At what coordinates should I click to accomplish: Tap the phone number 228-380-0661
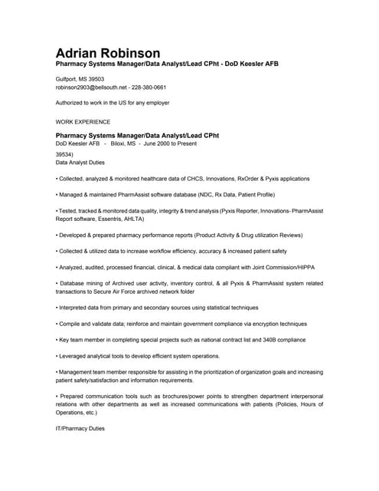pyautogui.click(x=149, y=87)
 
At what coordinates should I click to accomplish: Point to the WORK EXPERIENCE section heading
pyautogui.click(x=83, y=121)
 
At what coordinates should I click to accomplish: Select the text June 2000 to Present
pyautogui.click(x=172, y=143)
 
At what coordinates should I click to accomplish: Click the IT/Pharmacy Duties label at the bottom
pyautogui.click(x=80, y=427)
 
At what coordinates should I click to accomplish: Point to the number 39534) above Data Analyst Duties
pyautogui.click(x=66, y=153)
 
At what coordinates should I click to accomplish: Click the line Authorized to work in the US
pyautogui.click(x=113, y=102)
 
